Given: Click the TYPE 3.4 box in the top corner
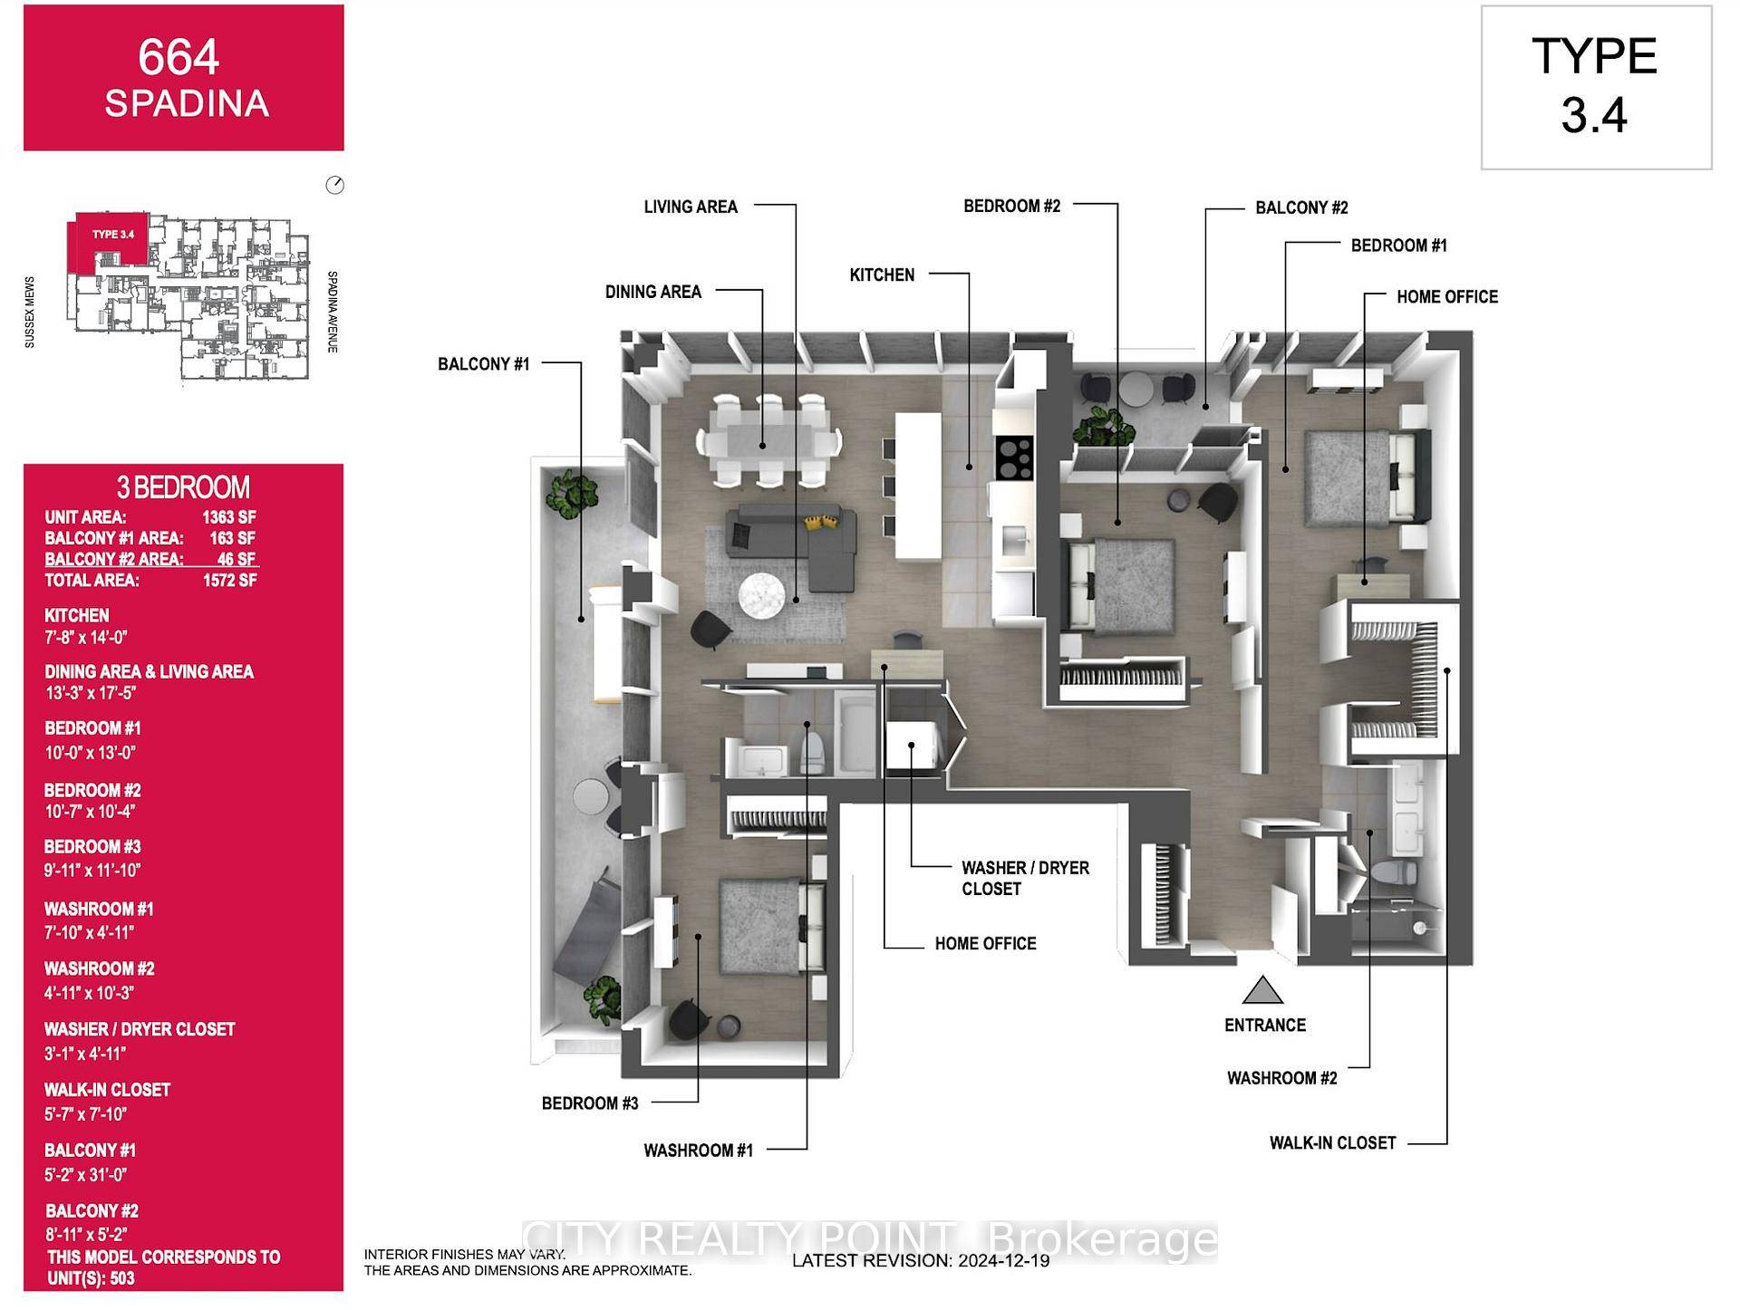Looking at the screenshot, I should tap(1595, 87).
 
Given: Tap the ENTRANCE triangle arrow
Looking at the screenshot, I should tap(1262, 991).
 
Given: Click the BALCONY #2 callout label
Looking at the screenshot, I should tap(1301, 207).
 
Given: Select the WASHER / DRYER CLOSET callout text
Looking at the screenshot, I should tap(1025, 878).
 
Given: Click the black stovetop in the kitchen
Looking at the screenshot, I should tap(1014, 458).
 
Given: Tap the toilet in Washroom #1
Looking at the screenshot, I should tap(813, 750).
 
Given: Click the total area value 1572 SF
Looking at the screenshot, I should tap(229, 580).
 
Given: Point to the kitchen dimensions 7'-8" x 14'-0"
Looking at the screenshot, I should tap(86, 637).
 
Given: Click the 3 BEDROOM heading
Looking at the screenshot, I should tap(183, 487).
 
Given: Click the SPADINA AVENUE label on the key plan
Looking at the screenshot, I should tap(333, 311).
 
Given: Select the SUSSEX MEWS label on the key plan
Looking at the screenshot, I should tap(30, 312).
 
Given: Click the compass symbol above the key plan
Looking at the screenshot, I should tap(334, 185).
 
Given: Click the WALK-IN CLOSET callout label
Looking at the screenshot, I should tap(1332, 1143).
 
